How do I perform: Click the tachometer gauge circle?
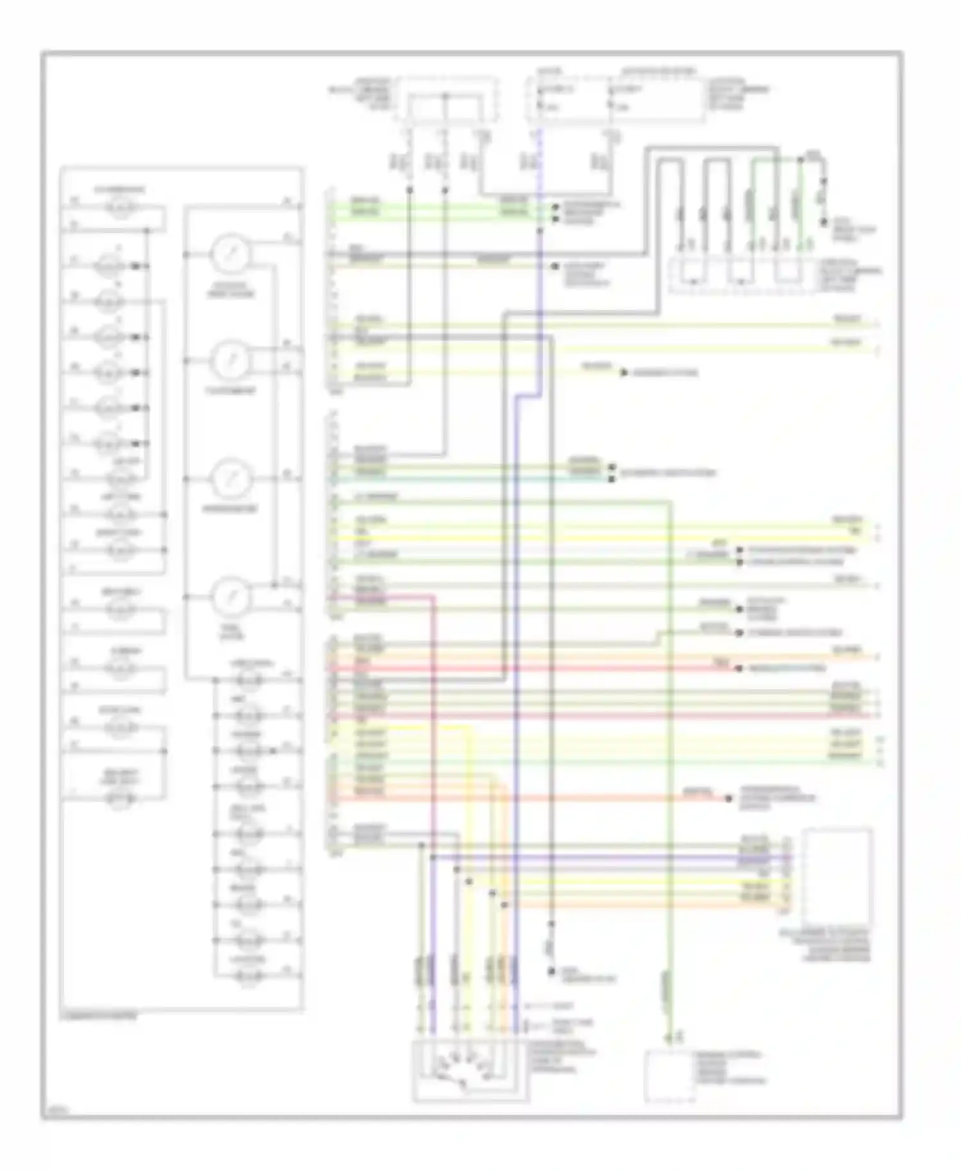227,361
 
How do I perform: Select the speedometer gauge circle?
227,479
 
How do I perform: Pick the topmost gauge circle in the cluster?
227,254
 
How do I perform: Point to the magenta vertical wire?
433,769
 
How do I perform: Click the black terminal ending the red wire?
737,669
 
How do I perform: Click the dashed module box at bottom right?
669,1076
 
